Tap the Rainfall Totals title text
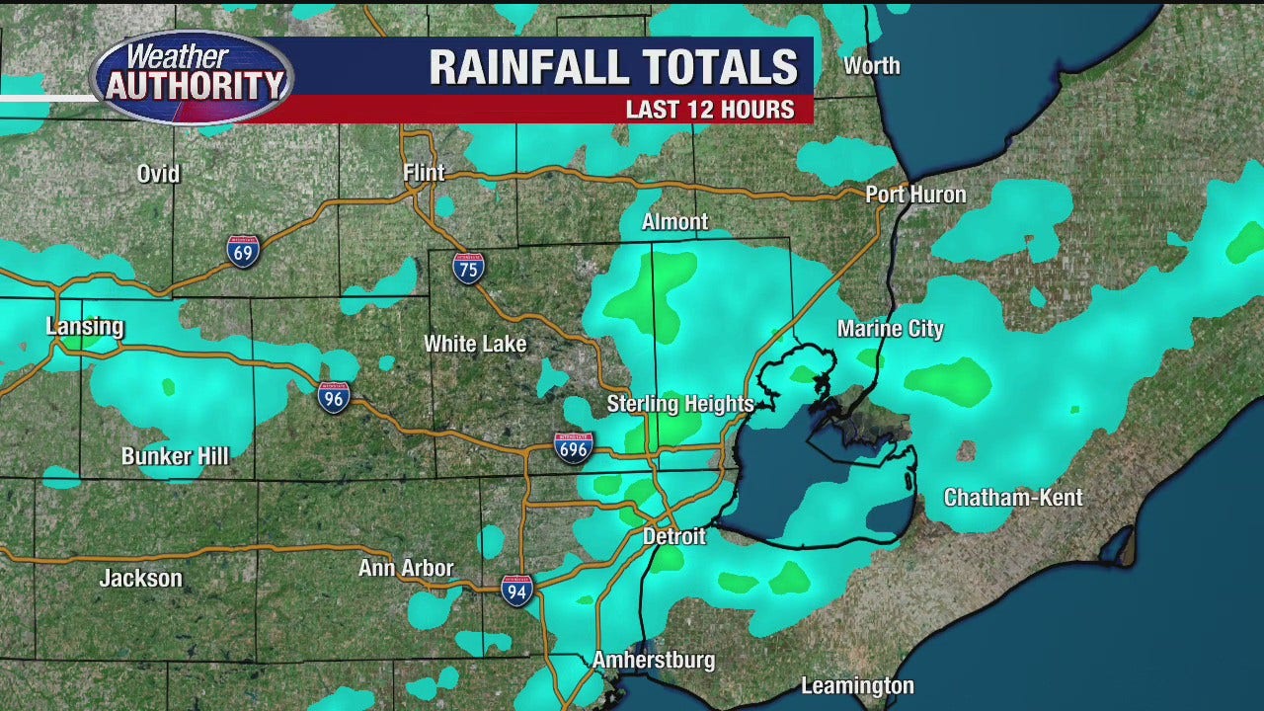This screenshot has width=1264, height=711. [613, 67]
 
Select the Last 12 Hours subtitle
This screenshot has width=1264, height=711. [710, 110]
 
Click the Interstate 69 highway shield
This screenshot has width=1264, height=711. [243, 252]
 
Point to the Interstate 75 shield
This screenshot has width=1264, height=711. [469, 268]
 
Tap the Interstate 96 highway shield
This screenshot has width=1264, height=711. [334, 397]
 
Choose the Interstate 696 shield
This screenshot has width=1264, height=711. [574, 448]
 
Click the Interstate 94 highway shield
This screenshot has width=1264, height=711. [516, 590]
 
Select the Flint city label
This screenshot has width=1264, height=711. [424, 173]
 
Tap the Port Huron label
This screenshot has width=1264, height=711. [915, 195]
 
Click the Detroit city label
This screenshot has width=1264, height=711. [674, 537]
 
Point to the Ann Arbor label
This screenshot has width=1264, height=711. [406, 568]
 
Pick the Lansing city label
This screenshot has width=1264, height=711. [85, 327]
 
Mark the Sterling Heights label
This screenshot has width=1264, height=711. [680, 404]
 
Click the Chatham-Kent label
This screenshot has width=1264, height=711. [1013, 498]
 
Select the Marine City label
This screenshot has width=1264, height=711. [891, 329]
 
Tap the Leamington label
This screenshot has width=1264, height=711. [857, 685]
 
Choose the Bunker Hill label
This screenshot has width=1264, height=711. [175, 456]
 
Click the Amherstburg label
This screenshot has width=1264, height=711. [653, 660]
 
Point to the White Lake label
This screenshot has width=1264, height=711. [475, 344]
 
